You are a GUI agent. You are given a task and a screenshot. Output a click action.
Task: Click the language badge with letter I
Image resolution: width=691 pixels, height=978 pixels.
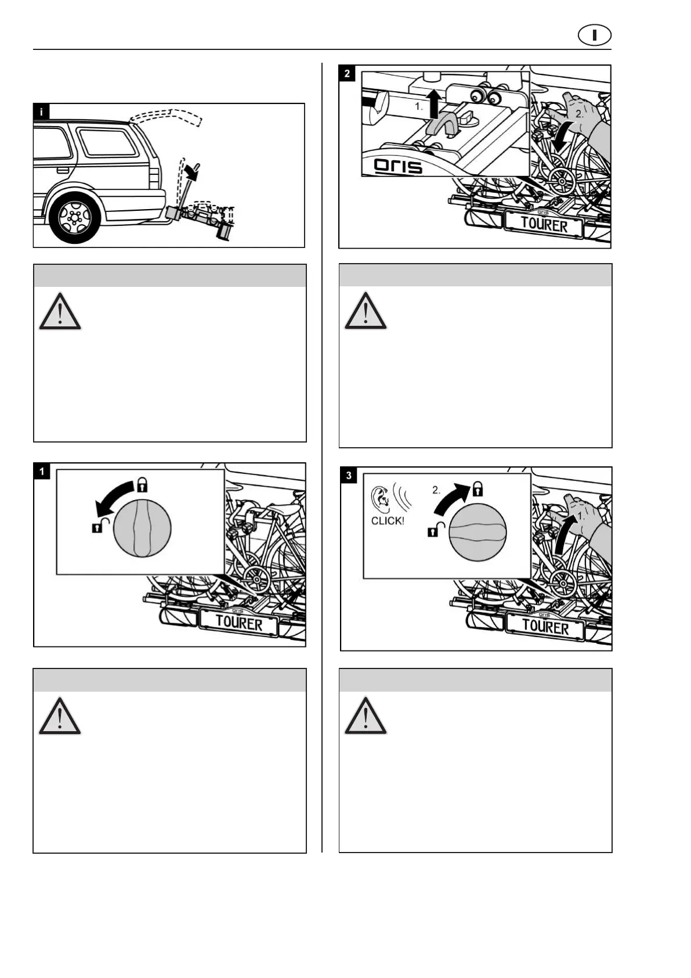594,35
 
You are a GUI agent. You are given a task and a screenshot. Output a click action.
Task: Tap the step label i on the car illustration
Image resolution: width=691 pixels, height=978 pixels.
41,111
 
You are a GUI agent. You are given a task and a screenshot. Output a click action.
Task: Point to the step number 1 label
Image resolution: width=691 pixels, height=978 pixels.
42,470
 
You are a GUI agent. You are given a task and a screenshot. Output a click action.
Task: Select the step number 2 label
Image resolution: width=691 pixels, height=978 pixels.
347,73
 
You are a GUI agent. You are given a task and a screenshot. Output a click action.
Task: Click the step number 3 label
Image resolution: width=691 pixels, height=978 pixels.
348,475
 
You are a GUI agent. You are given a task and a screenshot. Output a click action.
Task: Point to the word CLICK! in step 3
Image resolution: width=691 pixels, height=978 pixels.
388,520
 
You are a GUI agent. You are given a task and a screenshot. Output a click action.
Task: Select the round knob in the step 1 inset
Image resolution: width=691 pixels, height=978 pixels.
142,528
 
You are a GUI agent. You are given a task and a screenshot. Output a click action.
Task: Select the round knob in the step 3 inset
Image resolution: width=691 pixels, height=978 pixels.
477,532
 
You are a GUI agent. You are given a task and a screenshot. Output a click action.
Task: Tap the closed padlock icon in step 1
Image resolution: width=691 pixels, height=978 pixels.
142,484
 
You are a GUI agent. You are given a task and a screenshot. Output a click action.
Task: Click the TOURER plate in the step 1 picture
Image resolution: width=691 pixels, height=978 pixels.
238,623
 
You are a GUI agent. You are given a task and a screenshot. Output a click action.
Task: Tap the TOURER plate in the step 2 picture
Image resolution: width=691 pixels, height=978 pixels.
544,224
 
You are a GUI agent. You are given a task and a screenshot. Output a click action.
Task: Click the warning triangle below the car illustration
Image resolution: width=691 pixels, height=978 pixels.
60,312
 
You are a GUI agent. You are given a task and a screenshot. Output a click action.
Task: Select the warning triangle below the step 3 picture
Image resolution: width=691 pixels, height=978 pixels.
366,716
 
